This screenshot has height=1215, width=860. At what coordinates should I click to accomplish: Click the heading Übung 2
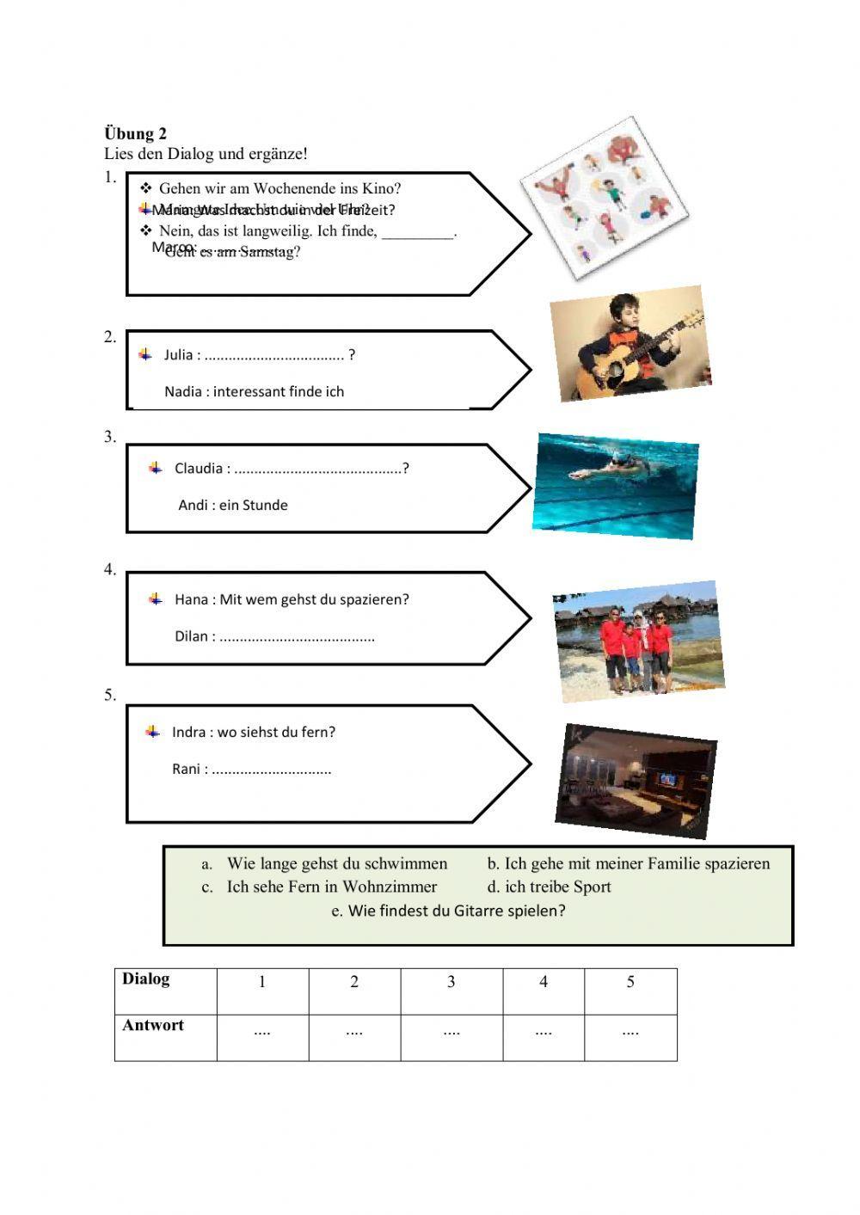tap(135, 133)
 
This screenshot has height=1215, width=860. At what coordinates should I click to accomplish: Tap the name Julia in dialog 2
tap(178, 355)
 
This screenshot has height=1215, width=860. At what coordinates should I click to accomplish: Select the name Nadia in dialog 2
tap(183, 392)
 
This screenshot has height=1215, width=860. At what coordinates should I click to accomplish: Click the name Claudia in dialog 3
tap(198, 469)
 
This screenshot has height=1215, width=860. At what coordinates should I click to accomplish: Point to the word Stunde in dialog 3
tap(265, 506)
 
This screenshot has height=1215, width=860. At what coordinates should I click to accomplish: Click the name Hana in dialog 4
tap(190, 599)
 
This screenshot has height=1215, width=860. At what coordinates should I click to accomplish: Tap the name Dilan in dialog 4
tap(191, 636)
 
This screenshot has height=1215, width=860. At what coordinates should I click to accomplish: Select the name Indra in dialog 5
tap(188, 733)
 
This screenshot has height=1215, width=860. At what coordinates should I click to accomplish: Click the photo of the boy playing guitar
tap(630, 344)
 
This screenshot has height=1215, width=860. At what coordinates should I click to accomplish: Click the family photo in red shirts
tap(637, 640)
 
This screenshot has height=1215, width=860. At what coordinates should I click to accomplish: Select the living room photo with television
tap(636, 781)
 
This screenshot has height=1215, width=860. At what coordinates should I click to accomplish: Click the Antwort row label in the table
tap(153, 1025)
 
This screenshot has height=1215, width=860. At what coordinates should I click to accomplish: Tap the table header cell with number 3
tap(451, 982)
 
